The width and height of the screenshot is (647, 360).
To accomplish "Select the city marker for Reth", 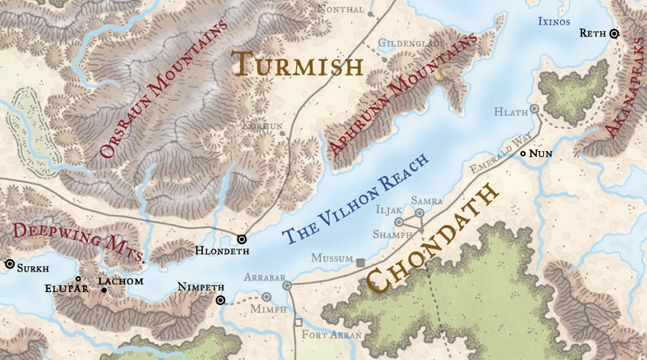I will pyautogui.click(x=614, y=34).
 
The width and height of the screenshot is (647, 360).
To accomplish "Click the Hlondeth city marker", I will pyautogui.click(x=242, y=239).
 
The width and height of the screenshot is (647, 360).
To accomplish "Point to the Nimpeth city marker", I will pyautogui.click(x=220, y=300).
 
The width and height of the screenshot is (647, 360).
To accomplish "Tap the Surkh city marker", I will pyautogui.click(x=9, y=264).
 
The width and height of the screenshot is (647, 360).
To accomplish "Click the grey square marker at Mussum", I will pyautogui.click(x=360, y=262).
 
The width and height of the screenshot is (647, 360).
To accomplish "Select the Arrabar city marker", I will pyautogui.click(x=287, y=285).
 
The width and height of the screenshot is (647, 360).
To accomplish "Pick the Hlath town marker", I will pyautogui.click(x=534, y=109).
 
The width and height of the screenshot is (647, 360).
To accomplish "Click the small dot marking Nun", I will pyautogui.click(x=523, y=154).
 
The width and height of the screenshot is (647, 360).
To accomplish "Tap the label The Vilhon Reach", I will pyautogui.click(x=356, y=194).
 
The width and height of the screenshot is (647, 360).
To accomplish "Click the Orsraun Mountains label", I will pyautogui.click(x=164, y=90).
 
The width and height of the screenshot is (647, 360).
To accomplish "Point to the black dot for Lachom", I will pyautogui.click(x=104, y=291).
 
